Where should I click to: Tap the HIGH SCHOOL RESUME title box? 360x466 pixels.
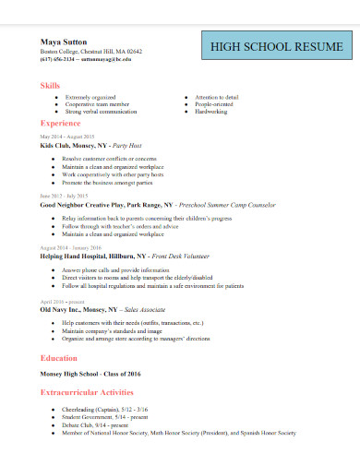click(x=277, y=45)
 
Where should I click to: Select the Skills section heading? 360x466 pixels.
click(x=49, y=85)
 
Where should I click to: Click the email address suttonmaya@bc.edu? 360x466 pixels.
click(x=106, y=58)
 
